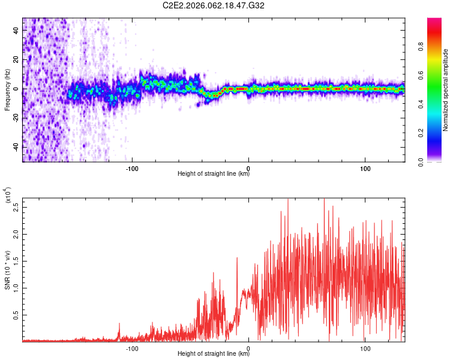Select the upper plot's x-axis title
coord(214,174)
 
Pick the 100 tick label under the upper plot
coord(365,168)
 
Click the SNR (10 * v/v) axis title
coord(8,270)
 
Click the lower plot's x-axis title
coord(214,354)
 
